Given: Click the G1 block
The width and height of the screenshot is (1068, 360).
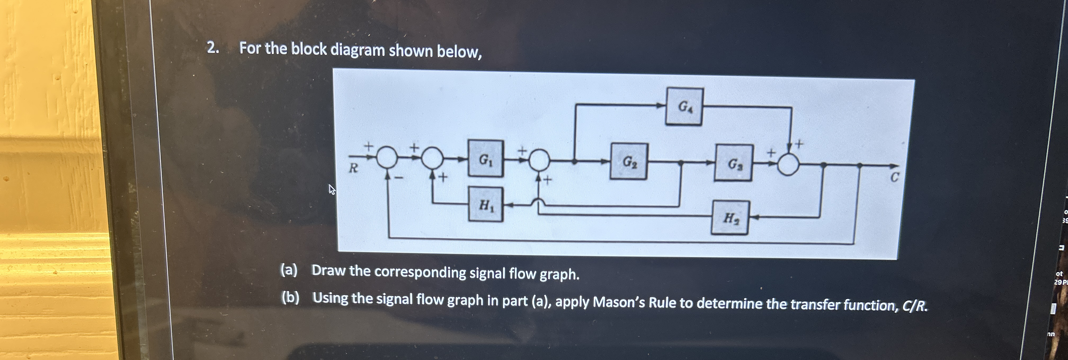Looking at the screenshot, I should coord(486,159).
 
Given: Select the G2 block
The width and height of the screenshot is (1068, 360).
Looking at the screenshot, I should coord(629,161).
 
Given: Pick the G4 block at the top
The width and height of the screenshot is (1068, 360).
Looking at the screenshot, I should coord(684,107).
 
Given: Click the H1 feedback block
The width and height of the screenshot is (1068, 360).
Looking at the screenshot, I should coord(486,204).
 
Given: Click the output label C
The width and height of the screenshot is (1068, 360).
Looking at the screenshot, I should coord(895,178).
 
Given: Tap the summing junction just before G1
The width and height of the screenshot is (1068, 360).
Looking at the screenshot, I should coord(433,158).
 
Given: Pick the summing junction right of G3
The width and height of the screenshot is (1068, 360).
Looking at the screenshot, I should coord(788,165).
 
